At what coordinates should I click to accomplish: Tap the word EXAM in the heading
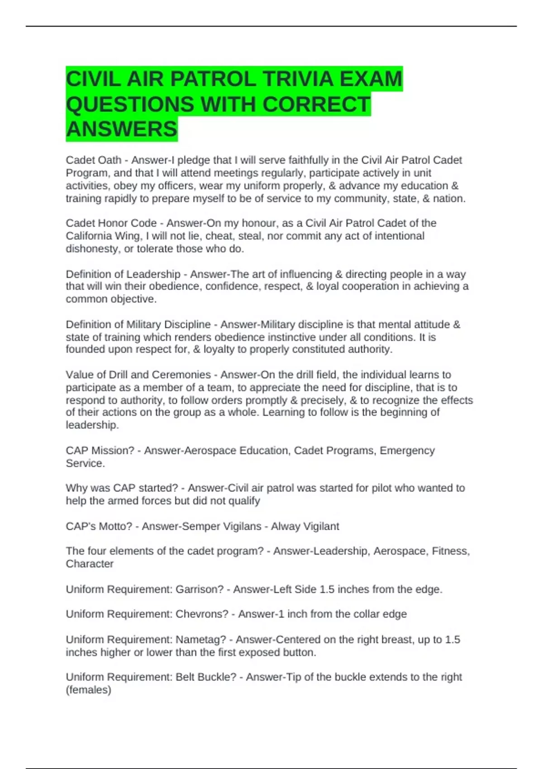pos(371,79)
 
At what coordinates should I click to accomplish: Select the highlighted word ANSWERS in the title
pos(121,129)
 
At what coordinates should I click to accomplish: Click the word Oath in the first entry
pos(110,160)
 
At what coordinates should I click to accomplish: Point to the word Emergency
pos(407,451)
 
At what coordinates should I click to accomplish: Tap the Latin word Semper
pos(200,527)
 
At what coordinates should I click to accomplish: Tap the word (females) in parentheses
pos(88,690)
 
